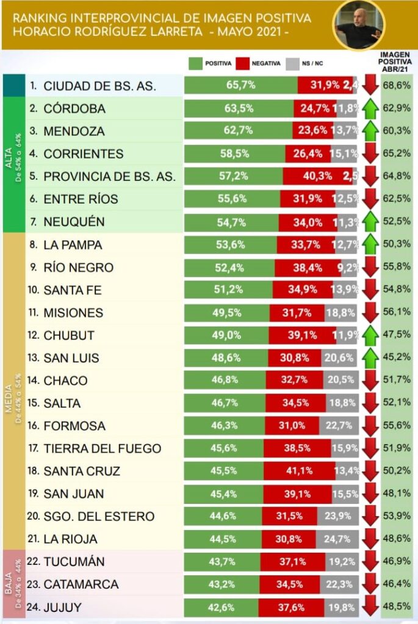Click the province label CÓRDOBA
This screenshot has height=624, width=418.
pyautogui.click(x=74, y=108)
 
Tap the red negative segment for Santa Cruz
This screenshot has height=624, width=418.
pyautogui.click(x=299, y=471)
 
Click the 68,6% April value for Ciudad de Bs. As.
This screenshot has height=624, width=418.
pyautogui.click(x=397, y=86)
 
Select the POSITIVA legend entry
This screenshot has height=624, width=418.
pyautogui.click(x=211, y=63)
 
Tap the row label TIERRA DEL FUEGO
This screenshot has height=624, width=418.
pyautogui.click(x=103, y=448)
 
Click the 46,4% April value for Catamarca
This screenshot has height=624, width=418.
pyautogui.click(x=397, y=584)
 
